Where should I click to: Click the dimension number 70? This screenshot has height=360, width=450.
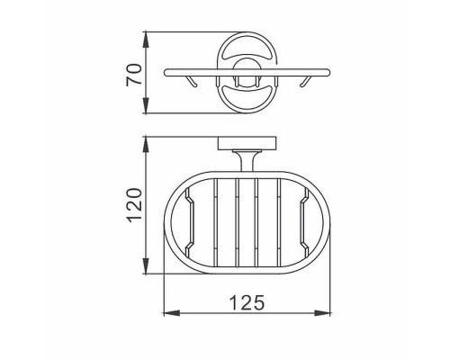[133, 74]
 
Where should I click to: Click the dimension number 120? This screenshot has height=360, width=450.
[134, 205]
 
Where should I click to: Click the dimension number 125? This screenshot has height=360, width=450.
[247, 302]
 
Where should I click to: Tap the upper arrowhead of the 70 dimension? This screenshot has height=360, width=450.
[146, 40]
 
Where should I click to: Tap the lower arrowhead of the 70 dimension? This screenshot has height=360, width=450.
[146, 105]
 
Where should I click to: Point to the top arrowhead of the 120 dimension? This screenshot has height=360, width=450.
[146, 145]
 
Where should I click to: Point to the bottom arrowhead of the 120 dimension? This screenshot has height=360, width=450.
[146, 265]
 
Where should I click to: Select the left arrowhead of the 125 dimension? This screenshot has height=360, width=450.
[171, 313]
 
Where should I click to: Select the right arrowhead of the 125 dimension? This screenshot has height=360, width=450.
[322, 313]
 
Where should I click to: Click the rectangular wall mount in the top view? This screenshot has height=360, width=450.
[247, 143]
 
